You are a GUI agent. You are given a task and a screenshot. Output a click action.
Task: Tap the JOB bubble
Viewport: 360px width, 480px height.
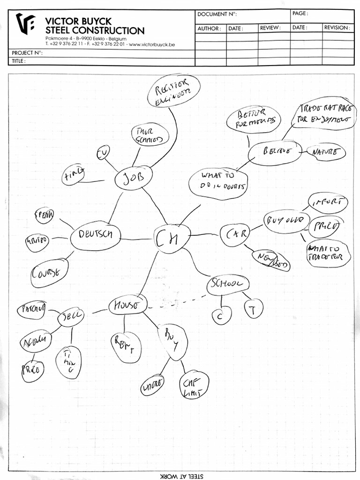(x=134, y=179)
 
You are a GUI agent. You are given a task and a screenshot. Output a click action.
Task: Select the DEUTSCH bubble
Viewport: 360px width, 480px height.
(x=96, y=236)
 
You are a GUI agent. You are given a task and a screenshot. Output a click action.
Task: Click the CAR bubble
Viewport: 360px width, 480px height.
(x=234, y=234)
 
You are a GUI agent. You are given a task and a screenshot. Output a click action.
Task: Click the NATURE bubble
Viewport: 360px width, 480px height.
(x=325, y=152)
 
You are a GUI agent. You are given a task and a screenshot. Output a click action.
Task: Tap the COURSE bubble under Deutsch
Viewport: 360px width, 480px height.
(x=49, y=272)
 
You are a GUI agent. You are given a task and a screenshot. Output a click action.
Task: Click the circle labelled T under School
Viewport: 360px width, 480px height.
(x=254, y=308)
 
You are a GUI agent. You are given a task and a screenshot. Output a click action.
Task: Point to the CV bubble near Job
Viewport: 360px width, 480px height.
(x=102, y=153)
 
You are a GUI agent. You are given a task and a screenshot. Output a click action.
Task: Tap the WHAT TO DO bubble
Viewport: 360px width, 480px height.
(x=218, y=182)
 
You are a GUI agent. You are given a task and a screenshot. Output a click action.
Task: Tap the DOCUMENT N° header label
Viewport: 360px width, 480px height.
(x=216, y=15)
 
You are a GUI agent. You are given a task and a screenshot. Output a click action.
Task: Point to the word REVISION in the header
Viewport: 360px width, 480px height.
(x=337, y=28)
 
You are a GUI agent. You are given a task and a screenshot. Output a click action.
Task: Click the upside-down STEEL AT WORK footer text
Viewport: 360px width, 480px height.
(x=180, y=475)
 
